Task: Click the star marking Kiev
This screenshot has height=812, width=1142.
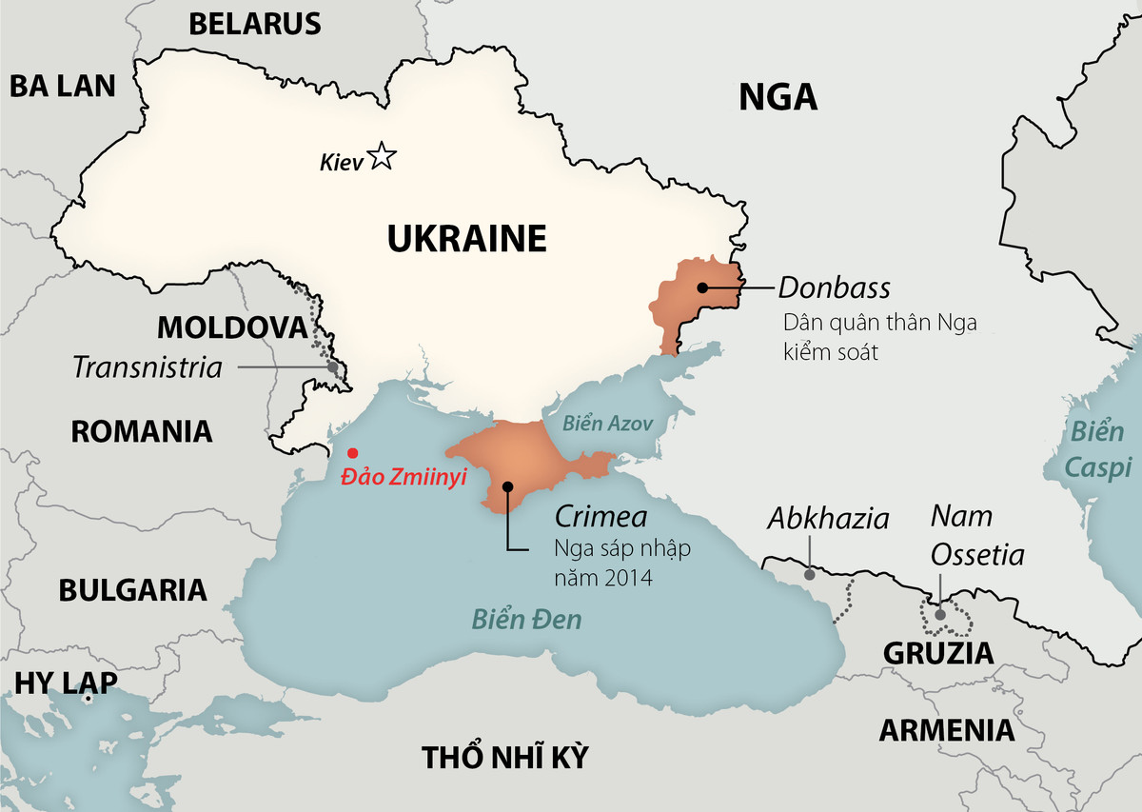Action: (x=382, y=156)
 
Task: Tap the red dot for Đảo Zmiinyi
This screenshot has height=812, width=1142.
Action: (x=353, y=453)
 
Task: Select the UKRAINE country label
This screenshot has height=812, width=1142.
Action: (x=466, y=238)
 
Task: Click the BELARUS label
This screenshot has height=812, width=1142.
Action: (x=255, y=24)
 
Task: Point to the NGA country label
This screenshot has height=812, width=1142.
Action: (x=778, y=96)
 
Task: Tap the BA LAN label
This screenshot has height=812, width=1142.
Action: (x=63, y=86)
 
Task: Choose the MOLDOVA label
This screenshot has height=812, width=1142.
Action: (x=233, y=327)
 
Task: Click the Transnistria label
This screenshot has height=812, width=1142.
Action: (x=147, y=367)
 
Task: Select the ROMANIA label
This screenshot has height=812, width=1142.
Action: (x=142, y=431)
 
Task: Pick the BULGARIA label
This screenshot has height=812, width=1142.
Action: (x=132, y=589)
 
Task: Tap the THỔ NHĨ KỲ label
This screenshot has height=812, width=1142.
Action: (x=505, y=758)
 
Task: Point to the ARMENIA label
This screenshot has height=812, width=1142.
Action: (x=946, y=730)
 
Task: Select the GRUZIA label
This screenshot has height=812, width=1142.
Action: (x=938, y=653)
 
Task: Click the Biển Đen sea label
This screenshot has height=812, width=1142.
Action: (x=527, y=620)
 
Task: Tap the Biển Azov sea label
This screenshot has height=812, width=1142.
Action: (x=608, y=424)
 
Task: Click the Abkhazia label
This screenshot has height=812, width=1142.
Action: (x=828, y=519)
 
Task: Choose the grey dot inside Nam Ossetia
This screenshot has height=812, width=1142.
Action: (x=940, y=614)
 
